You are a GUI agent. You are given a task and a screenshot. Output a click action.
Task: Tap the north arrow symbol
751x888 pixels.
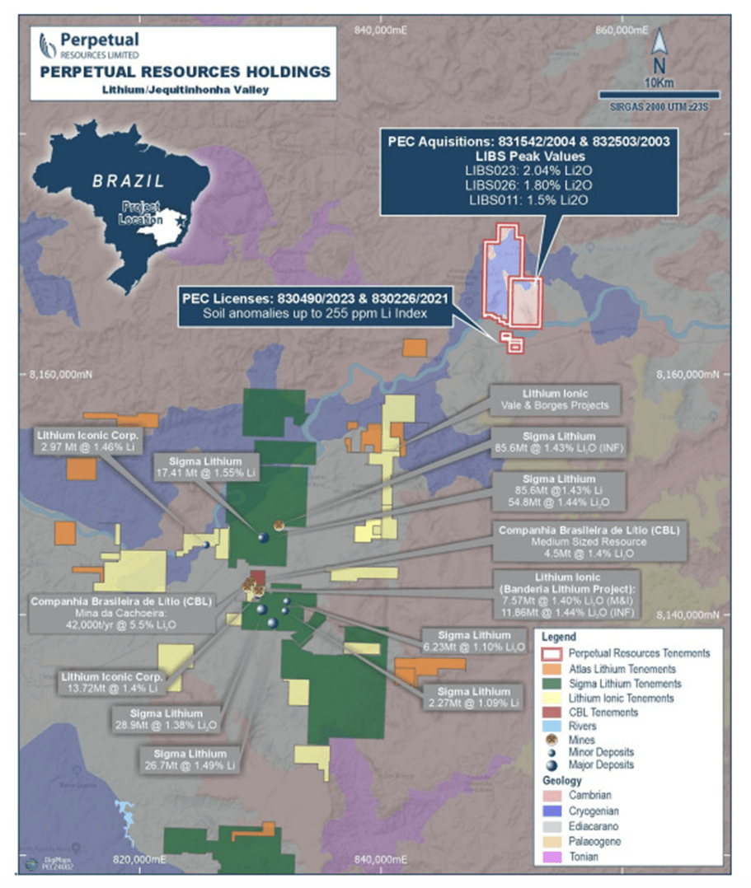tap(659, 49)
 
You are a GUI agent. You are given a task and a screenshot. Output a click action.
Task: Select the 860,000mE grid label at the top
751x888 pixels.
tap(624, 30)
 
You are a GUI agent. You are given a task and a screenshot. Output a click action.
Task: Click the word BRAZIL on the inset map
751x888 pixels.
tap(128, 180)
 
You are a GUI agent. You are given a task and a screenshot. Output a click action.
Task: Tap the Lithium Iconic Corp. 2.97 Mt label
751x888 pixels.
tap(90, 440)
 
